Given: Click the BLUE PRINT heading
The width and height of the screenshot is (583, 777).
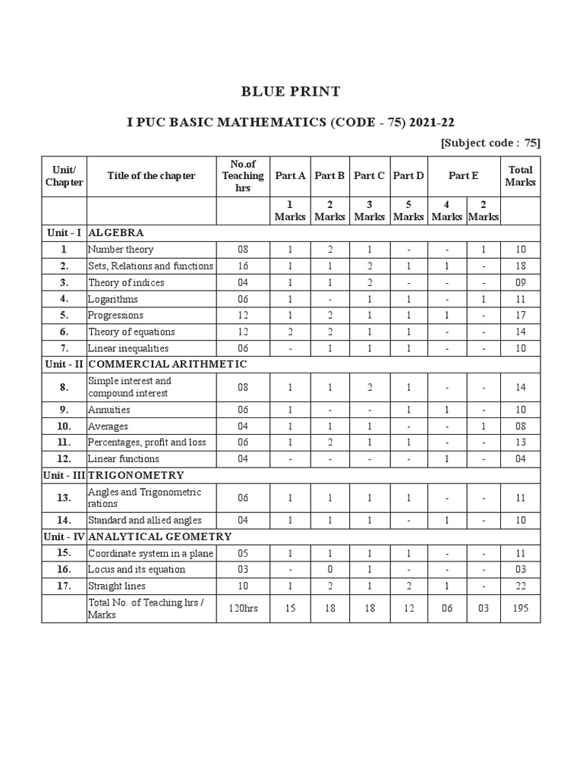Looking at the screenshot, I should pos(291,92).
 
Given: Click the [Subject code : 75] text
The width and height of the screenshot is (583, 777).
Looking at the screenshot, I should pos(490,143).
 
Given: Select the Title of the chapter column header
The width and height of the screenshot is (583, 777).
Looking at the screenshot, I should pos(151,176).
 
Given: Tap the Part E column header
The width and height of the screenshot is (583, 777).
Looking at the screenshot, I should pos(463,176).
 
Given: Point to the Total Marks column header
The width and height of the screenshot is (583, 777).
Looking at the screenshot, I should pos(521,176).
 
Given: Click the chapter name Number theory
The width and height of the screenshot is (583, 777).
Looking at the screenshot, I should pos(121,250).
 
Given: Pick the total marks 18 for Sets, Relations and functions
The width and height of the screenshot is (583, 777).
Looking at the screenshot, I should pos(521,266).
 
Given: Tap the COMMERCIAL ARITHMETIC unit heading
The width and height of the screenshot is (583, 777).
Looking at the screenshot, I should pos(168,364).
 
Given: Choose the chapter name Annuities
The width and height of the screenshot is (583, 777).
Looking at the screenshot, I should pos(109,410).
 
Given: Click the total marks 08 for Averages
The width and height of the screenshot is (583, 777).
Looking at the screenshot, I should pos(521,426).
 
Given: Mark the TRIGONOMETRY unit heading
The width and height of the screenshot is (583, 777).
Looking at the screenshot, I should pos(137,475).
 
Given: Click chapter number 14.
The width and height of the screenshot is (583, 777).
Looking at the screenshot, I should pos(65,521).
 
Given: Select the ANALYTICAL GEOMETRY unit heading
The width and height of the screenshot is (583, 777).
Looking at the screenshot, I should pos(160,537).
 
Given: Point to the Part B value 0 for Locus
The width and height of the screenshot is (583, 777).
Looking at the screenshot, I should pos(329,570).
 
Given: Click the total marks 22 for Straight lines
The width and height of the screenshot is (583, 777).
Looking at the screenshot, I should pos(521,587).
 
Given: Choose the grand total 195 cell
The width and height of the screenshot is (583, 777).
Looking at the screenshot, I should pos(521,609).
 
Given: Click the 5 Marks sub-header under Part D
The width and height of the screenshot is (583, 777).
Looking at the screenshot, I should pos(408,210).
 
